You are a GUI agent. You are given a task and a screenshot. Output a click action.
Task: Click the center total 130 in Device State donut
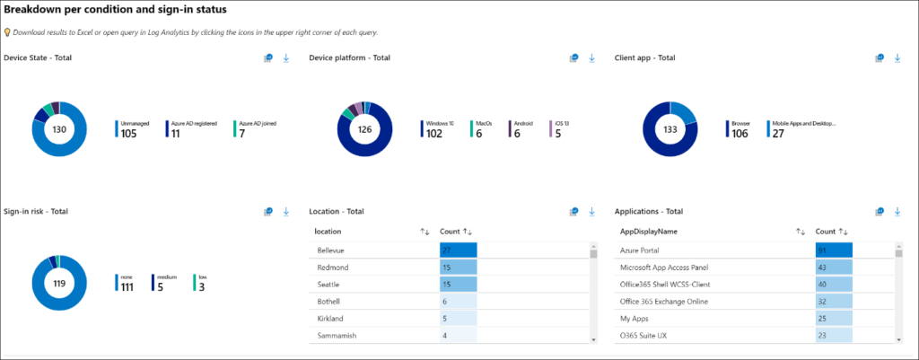click(x=59, y=130)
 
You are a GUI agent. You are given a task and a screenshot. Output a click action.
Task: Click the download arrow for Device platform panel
click(x=591, y=58)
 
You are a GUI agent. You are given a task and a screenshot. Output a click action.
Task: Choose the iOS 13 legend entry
click(x=557, y=129)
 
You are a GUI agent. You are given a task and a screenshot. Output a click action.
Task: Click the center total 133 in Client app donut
click(x=670, y=130)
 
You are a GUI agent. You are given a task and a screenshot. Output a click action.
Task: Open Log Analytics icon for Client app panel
click(x=880, y=58)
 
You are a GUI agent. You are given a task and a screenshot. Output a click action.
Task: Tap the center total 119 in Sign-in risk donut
click(x=59, y=284)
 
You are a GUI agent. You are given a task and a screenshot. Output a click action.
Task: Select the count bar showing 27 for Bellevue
click(x=458, y=250)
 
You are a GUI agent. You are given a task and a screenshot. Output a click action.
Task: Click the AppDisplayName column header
click(x=649, y=232)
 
